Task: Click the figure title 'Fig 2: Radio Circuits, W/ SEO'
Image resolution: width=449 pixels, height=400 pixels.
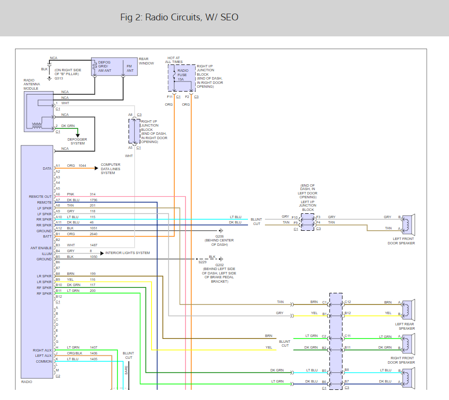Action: click(179, 17)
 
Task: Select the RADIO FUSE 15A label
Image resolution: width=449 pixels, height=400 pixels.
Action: click(183, 75)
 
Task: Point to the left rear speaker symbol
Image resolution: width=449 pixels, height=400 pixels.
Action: click(408, 310)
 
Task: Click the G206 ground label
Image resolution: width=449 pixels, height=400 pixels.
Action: click(219, 237)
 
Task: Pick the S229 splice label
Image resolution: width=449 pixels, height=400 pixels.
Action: click(202, 262)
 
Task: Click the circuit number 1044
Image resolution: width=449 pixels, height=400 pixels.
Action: click(82, 166)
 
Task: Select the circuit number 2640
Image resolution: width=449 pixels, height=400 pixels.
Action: click(93, 234)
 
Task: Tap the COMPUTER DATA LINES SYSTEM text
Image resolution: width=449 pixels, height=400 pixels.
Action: click(110, 169)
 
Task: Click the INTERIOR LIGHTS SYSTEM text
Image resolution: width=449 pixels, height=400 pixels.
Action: click(127, 253)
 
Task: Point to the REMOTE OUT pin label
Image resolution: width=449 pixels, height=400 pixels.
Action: click(40, 197)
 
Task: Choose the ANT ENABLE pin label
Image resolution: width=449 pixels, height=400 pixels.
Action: click(41, 248)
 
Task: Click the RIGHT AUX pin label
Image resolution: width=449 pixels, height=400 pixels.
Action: click(42, 351)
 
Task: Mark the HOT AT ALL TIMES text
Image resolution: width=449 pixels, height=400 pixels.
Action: click(173, 60)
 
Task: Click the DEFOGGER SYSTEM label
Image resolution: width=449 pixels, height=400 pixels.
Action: click(77, 142)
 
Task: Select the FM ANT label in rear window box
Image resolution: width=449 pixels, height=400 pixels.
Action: click(130, 68)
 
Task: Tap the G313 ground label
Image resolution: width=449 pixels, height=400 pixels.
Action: click(59, 78)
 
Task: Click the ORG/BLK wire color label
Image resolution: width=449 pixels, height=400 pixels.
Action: click(75, 353)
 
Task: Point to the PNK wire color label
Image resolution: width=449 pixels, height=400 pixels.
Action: click(70, 194)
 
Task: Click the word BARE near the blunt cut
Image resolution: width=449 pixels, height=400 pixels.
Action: click(126, 370)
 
